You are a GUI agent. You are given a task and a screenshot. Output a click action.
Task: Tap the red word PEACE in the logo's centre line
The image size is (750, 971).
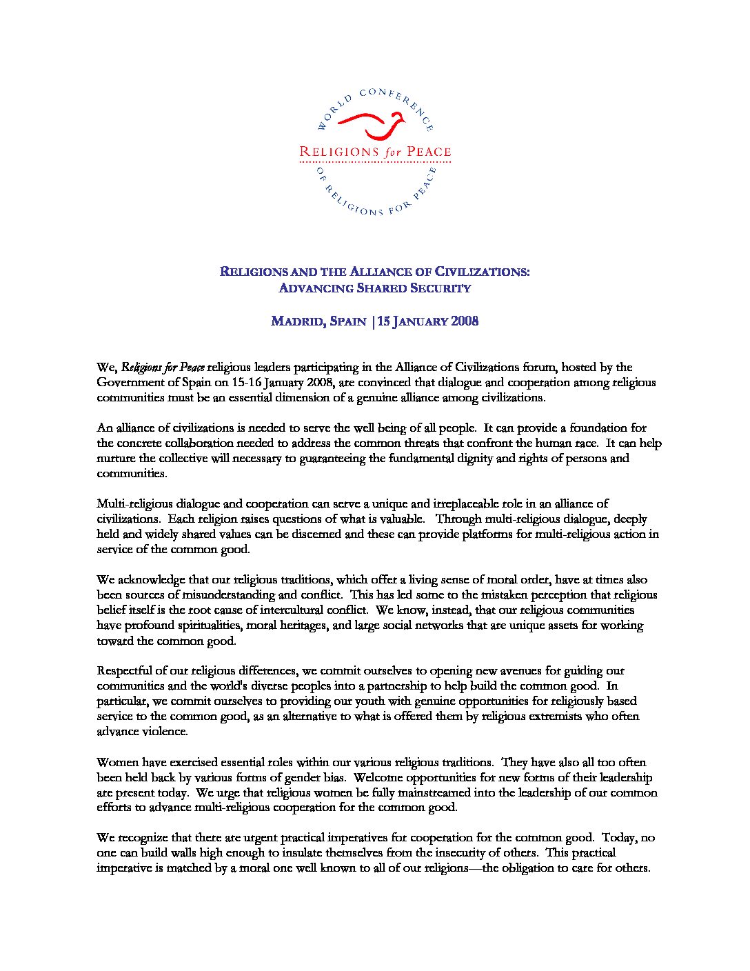(x=428, y=152)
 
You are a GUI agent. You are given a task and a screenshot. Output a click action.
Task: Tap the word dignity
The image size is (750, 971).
(x=472, y=458)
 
